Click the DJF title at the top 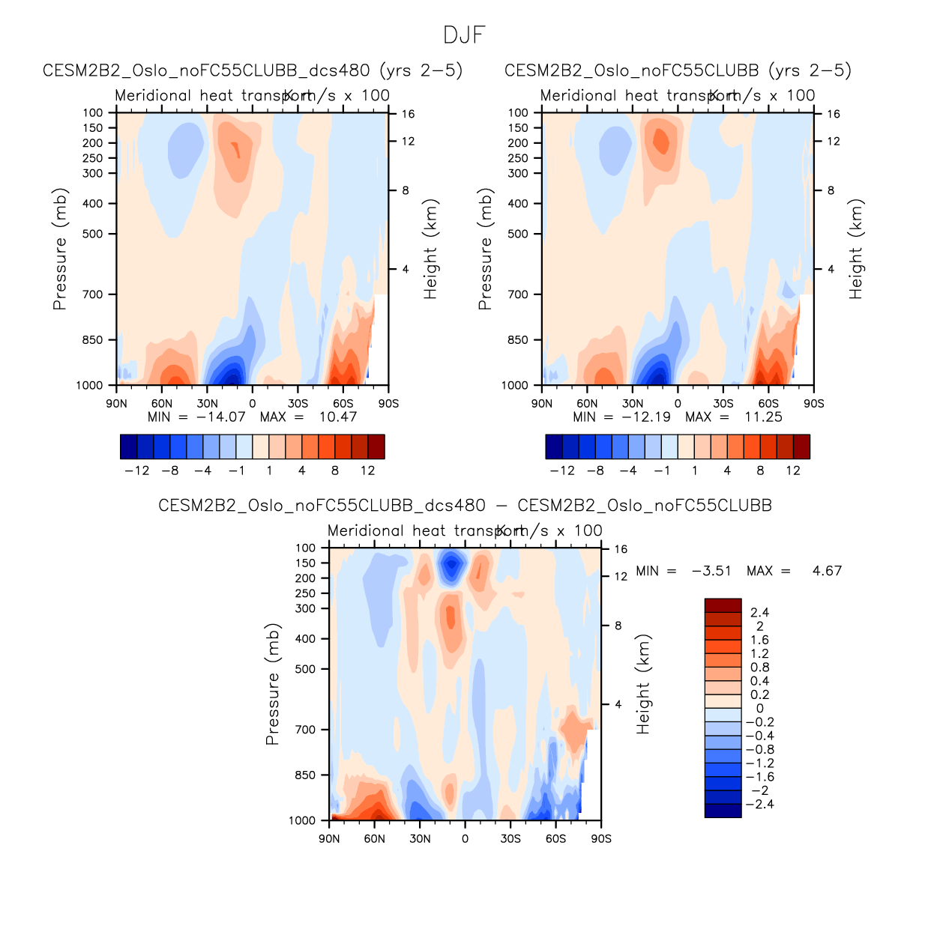coord(465,35)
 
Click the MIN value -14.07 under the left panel coord(220,417)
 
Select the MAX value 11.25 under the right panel coord(763,417)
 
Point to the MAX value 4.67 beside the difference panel coord(827,571)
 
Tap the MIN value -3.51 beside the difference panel coord(711,571)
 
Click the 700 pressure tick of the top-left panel coord(93,294)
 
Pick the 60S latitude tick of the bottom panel coord(555,838)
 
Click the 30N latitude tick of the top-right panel coord(633,403)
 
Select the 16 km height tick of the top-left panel coord(408,114)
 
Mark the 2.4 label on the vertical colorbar coord(759,613)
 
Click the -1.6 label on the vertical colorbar coord(759,777)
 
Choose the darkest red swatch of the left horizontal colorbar coord(376,447)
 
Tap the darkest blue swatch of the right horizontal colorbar coord(554,447)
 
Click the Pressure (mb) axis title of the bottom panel coord(272,684)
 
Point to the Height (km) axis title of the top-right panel coord(856,249)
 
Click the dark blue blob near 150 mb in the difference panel coord(451,566)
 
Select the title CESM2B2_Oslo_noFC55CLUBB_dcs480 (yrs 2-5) coord(253,70)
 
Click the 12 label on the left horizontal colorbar coord(367,470)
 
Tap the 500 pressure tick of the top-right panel coord(518,234)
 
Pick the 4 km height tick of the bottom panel coord(618,704)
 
